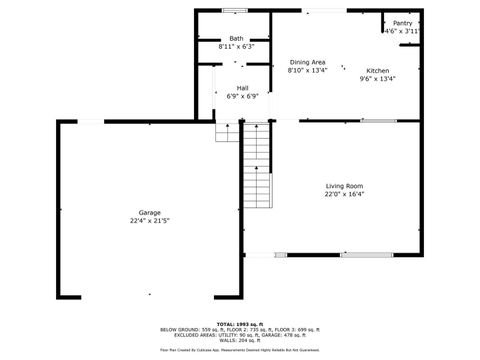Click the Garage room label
point(150,212)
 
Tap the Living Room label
point(344,186)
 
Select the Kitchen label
point(377,70)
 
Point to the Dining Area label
point(307,62)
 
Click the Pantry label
point(402,23)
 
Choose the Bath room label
point(236,38)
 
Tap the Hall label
point(242,88)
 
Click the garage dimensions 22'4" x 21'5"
point(150,220)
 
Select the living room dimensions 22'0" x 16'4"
point(344,194)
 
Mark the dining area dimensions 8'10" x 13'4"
point(307,70)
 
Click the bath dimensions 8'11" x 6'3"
point(236,46)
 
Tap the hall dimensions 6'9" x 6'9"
point(242,96)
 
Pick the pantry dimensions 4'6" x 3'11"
point(402,31)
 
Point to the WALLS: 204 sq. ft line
point(240,340)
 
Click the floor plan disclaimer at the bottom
point(240,350)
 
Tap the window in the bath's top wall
point(235,11)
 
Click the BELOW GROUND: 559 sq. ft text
point(185,330)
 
